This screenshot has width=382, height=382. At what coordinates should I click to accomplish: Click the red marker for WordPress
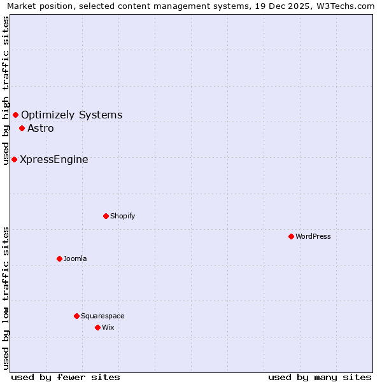point(291,236)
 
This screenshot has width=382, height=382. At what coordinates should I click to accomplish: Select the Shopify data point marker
point(106,216)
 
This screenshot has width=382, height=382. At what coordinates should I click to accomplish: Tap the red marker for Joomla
point(59,258)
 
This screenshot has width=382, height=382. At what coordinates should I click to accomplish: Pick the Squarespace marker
point(76,316)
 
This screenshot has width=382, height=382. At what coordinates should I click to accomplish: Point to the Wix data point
point(97,327)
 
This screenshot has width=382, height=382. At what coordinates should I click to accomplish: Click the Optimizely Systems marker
point(15,115)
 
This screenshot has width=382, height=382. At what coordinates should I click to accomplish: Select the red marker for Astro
point(22,128)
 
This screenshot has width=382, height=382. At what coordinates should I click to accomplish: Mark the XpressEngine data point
point(14,159)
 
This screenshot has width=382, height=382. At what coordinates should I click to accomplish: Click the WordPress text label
point(313,236)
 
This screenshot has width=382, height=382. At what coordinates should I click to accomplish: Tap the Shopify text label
point(123,216)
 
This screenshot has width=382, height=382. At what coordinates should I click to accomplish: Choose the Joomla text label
point(75,258)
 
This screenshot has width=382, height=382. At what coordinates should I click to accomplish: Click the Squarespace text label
point(103,316)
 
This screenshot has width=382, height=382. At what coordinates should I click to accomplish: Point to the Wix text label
point(108,327)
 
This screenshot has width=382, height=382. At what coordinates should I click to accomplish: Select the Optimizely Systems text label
point(72,115)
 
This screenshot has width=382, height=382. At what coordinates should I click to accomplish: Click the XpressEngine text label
point(54,159)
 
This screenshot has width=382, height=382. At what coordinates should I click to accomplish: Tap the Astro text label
point(41,128)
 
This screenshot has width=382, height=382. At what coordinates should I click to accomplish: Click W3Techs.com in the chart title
point(345,6)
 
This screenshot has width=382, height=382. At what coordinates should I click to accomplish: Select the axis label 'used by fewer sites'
point(66,377)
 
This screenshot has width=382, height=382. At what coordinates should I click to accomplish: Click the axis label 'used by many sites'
point(320,377)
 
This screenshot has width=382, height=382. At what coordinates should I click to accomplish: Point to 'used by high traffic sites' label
point(6,90)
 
